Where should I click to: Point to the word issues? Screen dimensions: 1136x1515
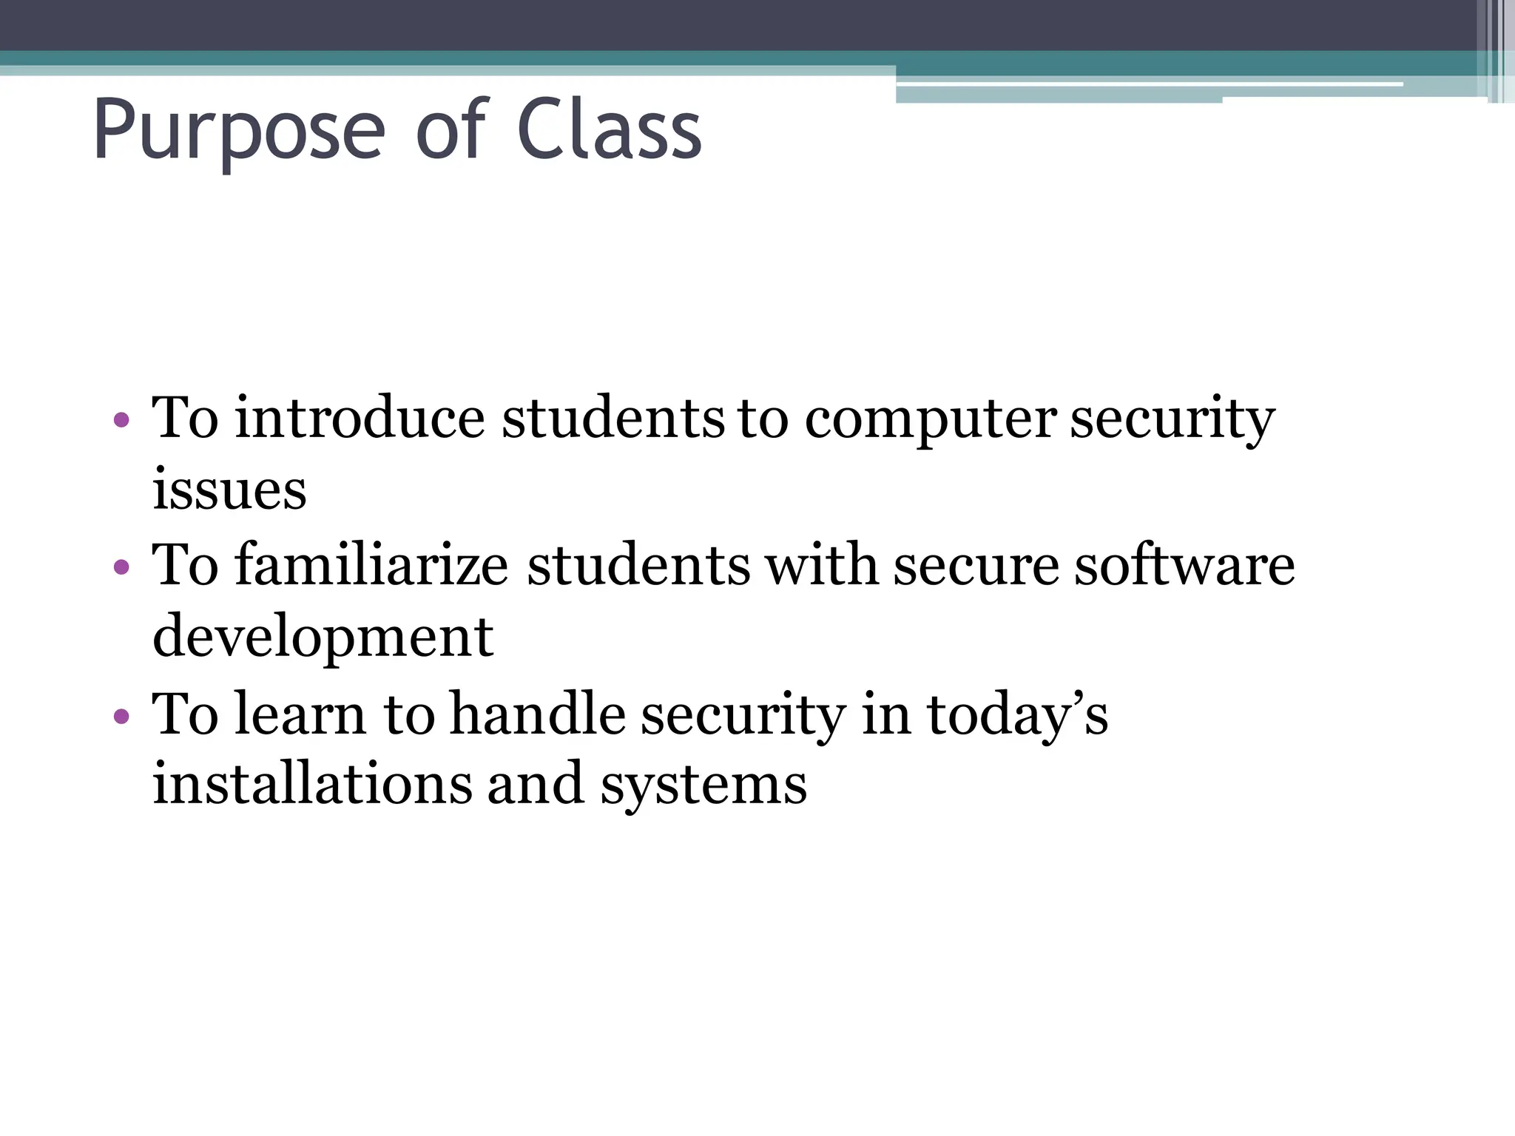pos(229,490)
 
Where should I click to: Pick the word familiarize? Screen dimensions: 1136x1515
pos(371,565)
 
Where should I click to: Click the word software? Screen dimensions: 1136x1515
pos(1184,565)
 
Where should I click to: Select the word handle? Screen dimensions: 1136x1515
pos(537,714)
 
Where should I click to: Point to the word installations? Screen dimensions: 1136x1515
pos(311,784)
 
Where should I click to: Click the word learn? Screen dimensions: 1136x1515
pos(300,714)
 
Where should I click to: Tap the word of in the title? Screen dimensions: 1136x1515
pos(450,132)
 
